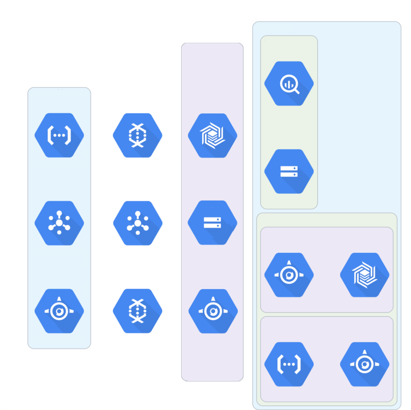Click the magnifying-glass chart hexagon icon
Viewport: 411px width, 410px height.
[289, 84]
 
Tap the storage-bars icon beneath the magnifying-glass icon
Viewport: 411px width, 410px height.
[289, 171]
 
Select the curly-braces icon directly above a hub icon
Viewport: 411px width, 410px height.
[59, 135]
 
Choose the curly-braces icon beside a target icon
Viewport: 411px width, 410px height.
[289, 364]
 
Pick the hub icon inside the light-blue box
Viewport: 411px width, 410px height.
[59, 223]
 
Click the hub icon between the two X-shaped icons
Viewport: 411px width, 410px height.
[138, 223]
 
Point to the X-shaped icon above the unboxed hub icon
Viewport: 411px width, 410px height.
[138, 135]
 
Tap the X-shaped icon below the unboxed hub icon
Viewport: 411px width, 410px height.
[138, 311]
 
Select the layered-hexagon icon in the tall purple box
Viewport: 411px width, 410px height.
[212, 136]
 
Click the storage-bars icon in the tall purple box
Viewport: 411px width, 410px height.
[212, 223]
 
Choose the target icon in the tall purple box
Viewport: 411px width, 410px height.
[213, 311]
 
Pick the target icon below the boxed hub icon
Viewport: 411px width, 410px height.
[59, 311]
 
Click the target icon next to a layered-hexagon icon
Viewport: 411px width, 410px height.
[289, 275]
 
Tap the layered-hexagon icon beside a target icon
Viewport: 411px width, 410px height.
[364, 275]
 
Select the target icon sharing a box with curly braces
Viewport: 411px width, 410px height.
[364, 364]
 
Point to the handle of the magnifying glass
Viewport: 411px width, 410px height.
[297, 91]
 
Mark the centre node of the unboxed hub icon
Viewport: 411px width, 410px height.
[138, 223]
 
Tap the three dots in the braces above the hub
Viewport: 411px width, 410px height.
[59, 135]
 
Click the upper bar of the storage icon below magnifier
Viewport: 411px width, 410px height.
[289, 168]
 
